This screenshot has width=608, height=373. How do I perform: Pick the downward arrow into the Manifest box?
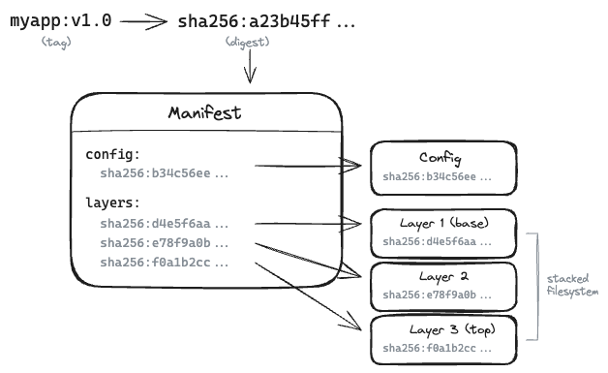click(251, 68)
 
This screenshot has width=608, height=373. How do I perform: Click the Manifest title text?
click(205, 113)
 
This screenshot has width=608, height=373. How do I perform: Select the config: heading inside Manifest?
click(112, 154)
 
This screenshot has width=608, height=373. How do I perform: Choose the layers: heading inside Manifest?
click(112, 202)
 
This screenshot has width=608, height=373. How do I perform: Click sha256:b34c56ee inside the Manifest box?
click(164, 173)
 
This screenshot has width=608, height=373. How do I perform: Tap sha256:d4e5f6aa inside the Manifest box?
click(164, 223)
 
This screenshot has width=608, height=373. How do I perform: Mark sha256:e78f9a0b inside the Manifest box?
click(164, 242)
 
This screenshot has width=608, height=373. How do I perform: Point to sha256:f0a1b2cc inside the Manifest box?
click(164, 262)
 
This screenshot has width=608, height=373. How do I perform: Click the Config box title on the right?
click(441, 158)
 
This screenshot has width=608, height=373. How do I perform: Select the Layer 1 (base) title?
click(441, 223)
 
